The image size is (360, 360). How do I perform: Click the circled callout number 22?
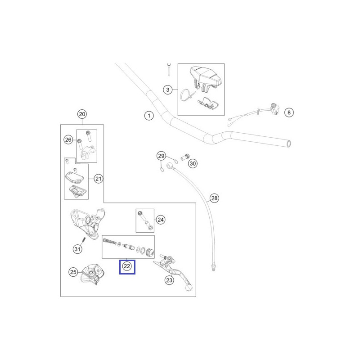click(x=127, y=266)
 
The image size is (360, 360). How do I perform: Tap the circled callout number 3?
click(x=167, y=90)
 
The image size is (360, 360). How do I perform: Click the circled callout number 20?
click(x=81, y=114)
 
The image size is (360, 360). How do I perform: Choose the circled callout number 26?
click(x=68, y=140)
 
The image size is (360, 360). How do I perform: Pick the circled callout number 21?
click(x=99, y=179)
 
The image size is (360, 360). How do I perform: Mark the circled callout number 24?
click(x=161, y=220)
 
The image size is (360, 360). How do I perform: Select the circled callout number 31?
click(x=77, y=248)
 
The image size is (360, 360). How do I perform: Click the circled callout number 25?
click(x=73, y=272)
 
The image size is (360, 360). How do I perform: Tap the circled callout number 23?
click(x=169, y=281)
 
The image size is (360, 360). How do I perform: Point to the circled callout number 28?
click(x=214, y=198)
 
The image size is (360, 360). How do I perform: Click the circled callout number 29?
click(x=161, y=156)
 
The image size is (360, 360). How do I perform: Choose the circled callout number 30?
click(x=193, y=163)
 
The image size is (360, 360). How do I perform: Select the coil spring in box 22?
click(x=109, y=242)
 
